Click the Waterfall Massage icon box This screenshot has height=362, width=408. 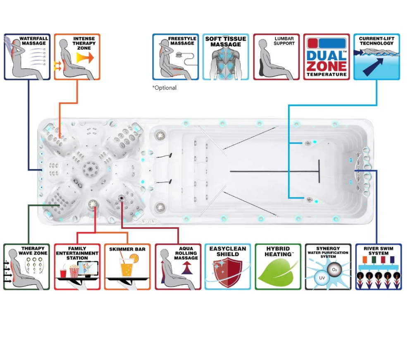click(27, 57)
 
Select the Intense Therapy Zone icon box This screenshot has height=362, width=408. click(77, 57)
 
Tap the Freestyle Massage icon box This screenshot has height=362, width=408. click(175, 57)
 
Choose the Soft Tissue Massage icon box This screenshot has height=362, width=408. click(226, 57)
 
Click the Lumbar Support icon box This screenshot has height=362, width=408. click(276, 57)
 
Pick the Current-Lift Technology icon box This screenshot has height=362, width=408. click(377, 57)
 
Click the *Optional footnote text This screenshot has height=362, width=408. click(164, 88)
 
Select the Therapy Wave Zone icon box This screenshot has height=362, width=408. click(27, 267)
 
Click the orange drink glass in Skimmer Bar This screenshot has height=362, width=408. click(126, 269)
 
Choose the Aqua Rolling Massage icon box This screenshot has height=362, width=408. click(178, 267)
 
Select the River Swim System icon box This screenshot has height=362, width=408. click(378, 267)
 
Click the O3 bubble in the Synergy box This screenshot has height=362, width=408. click(334, 269)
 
